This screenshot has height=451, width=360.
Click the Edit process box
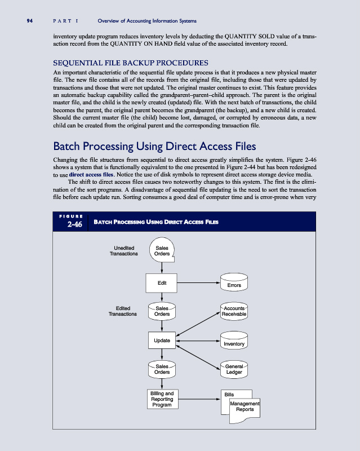pos(162,282)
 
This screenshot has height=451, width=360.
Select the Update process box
pos(162,341)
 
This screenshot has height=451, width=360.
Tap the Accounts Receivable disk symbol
pos(234,311)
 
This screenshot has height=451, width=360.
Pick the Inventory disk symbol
pos(234,342)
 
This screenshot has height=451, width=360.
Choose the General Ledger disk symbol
pos(234,369)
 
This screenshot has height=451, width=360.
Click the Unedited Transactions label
pos(123,250)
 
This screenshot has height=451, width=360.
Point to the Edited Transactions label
pos(123,311)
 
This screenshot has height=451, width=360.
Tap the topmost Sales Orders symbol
pos(162,250)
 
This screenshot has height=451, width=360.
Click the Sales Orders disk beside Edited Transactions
pos(162,311)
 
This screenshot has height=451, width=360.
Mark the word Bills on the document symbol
pos(229,394)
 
